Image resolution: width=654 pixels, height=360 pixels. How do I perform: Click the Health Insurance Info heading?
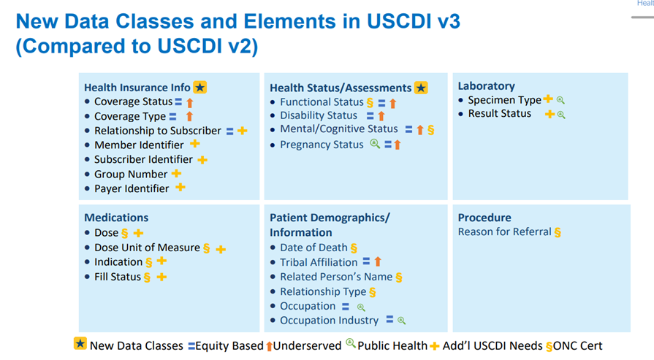(x=137, y=88)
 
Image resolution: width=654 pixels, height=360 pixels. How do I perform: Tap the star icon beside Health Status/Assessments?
(x=421, y=88)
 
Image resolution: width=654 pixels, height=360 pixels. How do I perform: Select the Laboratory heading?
(x=486, y=86)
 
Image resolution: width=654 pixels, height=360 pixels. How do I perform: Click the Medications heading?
(x=116, y=218)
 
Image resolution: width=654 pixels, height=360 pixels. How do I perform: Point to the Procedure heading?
(x=484, y=218)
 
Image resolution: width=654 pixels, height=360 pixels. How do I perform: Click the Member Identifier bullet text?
(x=139, y=145)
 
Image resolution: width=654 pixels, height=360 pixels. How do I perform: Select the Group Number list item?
(x=131, y=174)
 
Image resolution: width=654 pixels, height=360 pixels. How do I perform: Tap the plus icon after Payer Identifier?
(x=180, y=188)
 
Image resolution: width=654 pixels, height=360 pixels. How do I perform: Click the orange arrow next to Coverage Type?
(x=189, y=116)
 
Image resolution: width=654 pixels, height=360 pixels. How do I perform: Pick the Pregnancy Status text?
(x=322, y=145)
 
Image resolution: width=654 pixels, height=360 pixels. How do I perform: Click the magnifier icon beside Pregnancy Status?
(x=374, y=145)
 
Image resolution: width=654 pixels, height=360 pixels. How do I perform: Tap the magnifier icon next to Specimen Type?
(x=560, y=101)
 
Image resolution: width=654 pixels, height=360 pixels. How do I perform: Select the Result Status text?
(x=500, y=114)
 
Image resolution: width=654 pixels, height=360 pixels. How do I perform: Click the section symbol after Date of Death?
(x=354, y=248)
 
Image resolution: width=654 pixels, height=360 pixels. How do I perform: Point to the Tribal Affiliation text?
(x=319, y=262)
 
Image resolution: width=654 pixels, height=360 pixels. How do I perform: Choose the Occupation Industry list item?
(x=329, y=320)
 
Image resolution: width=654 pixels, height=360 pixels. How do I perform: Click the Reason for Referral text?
(x=504, y=232)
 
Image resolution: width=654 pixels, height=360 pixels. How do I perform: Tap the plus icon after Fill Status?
(x=161, y=277)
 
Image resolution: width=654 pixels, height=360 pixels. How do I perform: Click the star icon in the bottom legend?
(x=80, y=344)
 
